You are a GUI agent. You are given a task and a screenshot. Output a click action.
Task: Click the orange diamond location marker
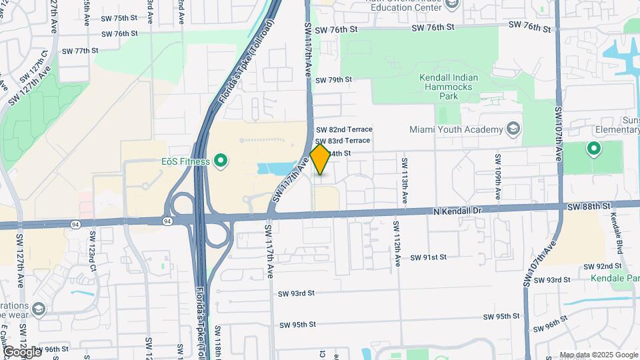pos(320,159)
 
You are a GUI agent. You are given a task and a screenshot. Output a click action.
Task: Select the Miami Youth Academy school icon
pos(513,128)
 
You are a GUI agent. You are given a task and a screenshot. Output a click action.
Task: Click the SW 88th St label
pos(590,207)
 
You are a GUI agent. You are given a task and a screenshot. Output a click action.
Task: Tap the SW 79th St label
pos(333,80)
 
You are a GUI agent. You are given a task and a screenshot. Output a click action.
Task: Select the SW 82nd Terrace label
pos(343,129)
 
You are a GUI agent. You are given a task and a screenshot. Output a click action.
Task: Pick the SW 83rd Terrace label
pos(343,141)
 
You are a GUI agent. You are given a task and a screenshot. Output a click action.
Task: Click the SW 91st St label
pos(428,257)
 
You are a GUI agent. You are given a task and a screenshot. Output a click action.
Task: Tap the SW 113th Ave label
pos(404,181)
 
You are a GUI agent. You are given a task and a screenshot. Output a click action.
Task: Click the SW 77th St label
pos(80,51)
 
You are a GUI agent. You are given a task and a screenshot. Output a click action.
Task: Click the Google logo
pos(22,351)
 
